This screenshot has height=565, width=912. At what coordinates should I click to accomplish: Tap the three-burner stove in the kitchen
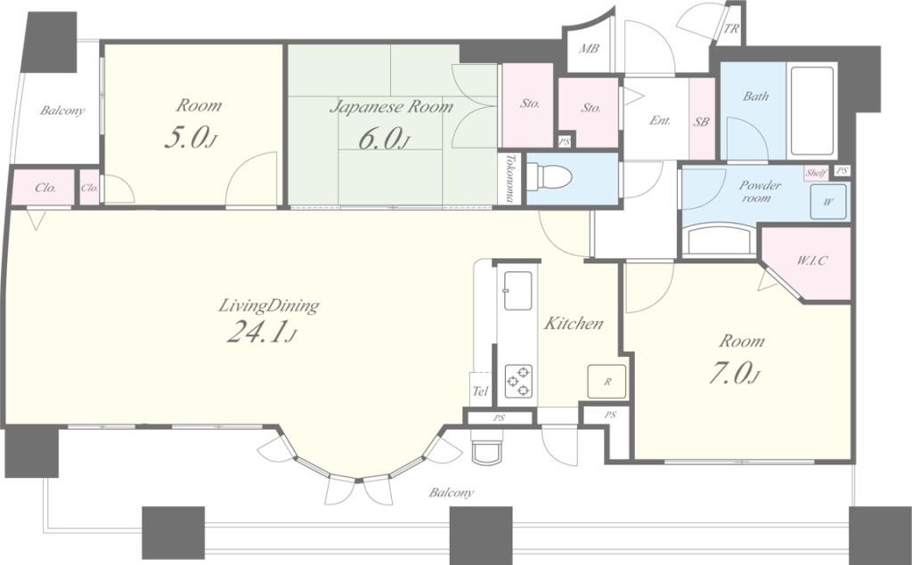tap(518, 381)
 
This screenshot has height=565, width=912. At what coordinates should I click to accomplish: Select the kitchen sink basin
tap(517, 291)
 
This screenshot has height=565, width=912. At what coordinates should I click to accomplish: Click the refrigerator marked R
tap(607, 382)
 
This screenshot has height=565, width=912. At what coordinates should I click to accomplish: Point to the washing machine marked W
tap(829, 202)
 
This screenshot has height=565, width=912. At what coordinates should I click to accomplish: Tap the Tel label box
tap(480, 391)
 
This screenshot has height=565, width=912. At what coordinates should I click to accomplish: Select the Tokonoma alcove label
tap(509, 178)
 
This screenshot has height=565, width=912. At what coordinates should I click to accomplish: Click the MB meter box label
tap(589, 49)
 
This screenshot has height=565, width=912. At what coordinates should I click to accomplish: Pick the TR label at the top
tap(732, 28)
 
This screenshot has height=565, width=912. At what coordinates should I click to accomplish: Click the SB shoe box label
tap(702, 122)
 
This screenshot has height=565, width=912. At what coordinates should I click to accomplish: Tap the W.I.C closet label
tap(811, 260)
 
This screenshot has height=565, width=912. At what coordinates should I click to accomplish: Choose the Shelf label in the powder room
tap(816, 173)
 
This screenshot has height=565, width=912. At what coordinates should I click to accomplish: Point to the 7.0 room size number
tap(734, 373)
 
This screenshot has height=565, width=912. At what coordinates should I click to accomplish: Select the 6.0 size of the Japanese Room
tap(381, 139)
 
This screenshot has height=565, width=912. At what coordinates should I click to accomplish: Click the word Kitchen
tap(574, 323)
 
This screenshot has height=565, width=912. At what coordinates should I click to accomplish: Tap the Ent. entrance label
tap(660, 120)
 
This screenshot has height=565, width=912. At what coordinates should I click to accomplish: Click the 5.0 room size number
tap(190, 138)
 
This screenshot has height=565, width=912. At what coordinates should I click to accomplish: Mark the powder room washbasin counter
tap(719, 239)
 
